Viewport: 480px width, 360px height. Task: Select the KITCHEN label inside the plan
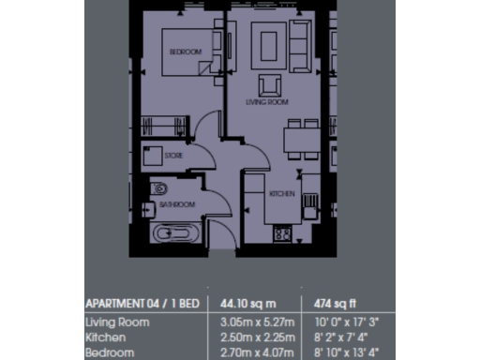[283, 194]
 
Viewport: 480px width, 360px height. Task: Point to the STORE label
[174, 156]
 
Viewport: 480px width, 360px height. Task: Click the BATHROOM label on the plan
[177, 203]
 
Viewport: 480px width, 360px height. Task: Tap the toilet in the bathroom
[157, 185]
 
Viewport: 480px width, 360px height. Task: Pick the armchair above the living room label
[270, 83]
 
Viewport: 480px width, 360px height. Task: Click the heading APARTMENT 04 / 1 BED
[142, 304]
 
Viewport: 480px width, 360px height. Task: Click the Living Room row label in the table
[117, 322]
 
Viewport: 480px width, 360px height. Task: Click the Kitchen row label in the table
[105, 337]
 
